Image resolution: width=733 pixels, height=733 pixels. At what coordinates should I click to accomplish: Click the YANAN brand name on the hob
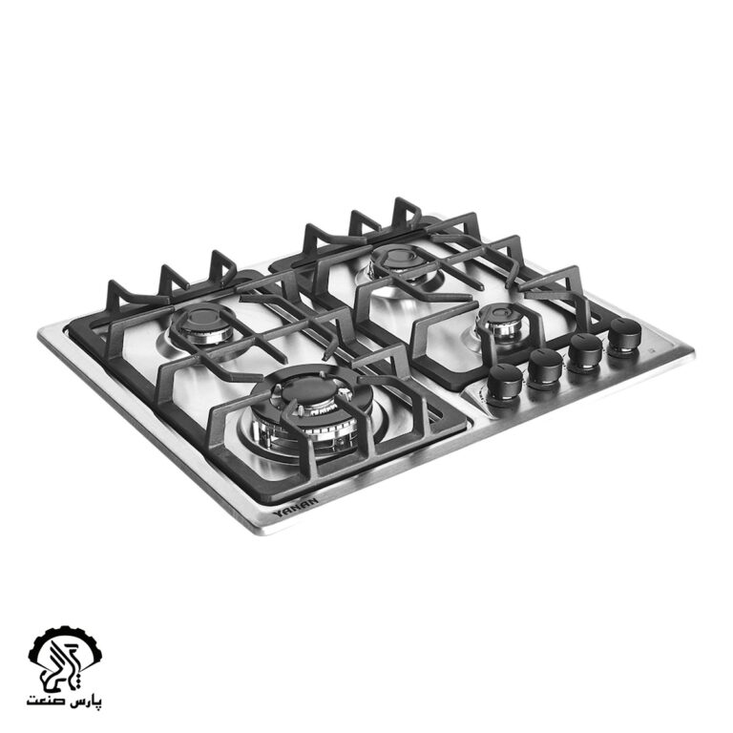click(x=296, y=507)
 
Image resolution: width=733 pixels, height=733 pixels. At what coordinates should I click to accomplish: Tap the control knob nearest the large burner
click(x=504, y=383)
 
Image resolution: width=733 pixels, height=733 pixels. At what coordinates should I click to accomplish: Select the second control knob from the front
click(x=546, y=368)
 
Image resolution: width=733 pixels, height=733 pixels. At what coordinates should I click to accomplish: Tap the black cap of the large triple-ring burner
click(x=305, y=390)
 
